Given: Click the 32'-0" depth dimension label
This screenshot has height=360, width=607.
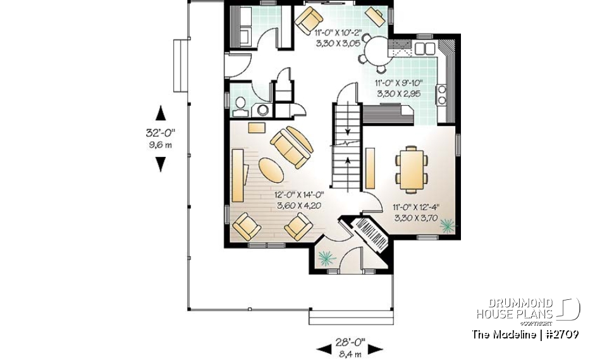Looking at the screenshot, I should point(161,133).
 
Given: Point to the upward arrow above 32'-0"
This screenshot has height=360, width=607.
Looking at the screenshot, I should point(161,113).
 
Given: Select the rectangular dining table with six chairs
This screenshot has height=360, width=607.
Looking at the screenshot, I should point(412,168).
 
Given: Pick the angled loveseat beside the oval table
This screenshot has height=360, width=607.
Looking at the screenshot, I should point(291,146).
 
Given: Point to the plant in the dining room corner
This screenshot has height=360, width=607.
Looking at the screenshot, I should point(448,224).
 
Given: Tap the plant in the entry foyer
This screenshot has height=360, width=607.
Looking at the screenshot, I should point(326,256).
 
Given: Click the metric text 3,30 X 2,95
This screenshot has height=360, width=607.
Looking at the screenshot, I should point(398,93).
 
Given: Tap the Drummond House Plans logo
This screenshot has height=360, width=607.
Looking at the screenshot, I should point(527,309).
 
